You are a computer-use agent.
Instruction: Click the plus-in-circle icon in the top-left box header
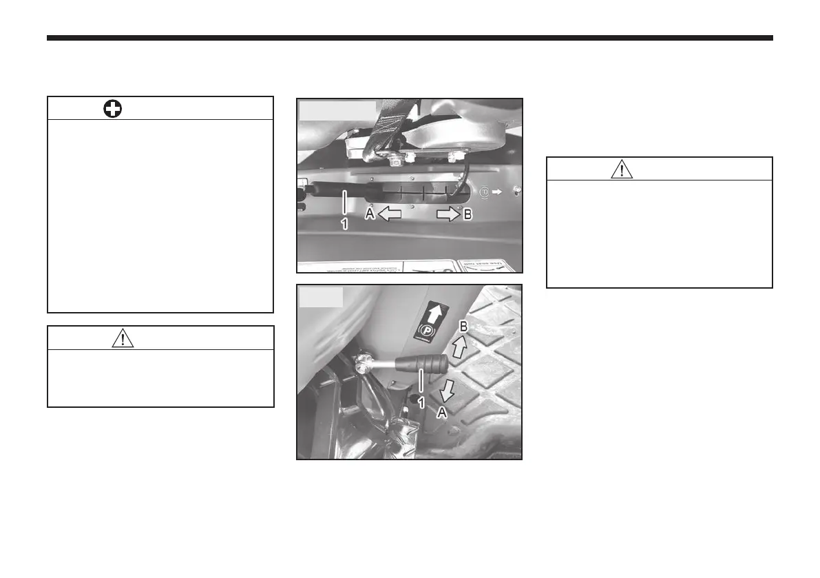[113, 109]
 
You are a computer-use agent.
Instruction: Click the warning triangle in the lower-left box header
[123, 338]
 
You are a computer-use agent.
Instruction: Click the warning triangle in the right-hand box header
[621, 169]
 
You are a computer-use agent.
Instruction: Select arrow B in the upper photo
[447, 214]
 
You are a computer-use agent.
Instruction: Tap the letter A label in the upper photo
[370, 215]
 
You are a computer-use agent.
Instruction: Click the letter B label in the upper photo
[467, 215]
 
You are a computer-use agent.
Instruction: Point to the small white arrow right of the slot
[498, 191]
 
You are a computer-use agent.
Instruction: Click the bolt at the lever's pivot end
[363, 361]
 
